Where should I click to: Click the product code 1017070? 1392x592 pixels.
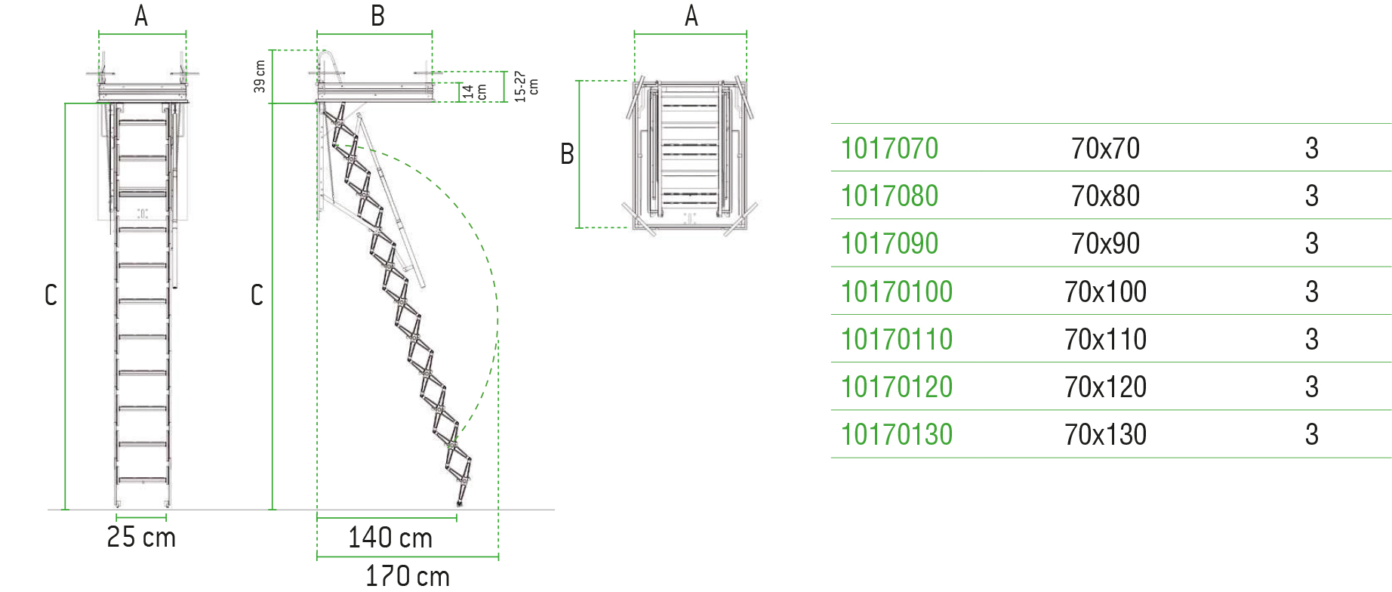[x=889, y=148]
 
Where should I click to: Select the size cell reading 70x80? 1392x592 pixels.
[x=1105, y=196]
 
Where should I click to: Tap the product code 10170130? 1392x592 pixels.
[x=897, y=434]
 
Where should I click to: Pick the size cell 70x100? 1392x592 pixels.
[x=1105, y=291]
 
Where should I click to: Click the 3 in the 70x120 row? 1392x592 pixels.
[x=1312, y=387]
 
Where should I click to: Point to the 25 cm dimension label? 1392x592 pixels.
[x=141, y=537]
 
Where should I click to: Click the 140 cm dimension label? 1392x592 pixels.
[x=390, y=538]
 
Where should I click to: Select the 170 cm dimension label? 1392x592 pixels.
[x=408, y=576]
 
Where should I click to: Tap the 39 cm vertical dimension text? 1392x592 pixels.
[x=260, y=76]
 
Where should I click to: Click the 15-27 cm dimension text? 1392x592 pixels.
[x=525, y=86]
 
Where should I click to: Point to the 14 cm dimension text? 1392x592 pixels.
[x=474, y=92]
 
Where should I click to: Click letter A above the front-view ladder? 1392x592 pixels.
[x=141, y=16]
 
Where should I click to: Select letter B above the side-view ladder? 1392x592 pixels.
[x=377, y=16]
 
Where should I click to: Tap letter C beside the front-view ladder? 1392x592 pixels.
[x=51, y=294]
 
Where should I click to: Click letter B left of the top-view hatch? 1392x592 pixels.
[x=567, y=154]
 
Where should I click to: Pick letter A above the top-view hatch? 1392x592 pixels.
[x=691, y=16]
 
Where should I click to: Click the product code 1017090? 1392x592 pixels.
[x=889, y=243]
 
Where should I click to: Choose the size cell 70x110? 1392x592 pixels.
[x=1105, y=339]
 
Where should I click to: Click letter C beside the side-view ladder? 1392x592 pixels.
[x=257, y=294]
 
